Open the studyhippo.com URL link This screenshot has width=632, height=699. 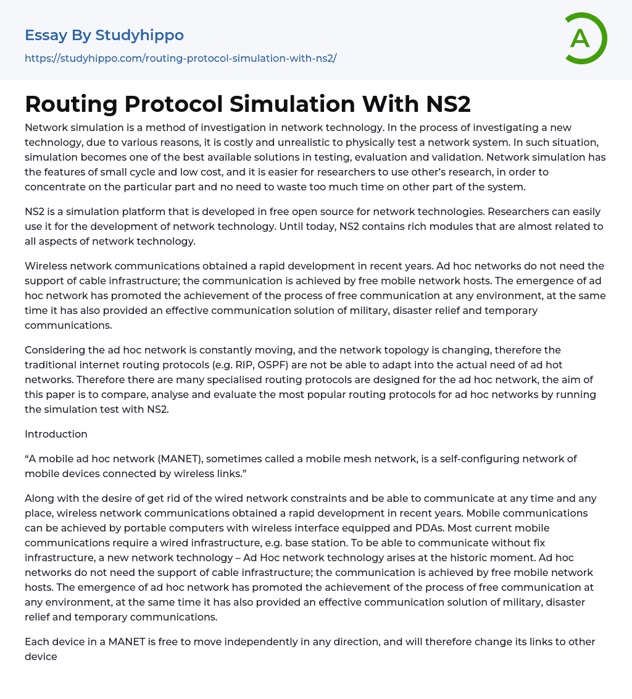point(180,58)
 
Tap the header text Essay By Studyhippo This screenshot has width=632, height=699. point(104,35)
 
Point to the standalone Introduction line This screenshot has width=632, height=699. point(56,434)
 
